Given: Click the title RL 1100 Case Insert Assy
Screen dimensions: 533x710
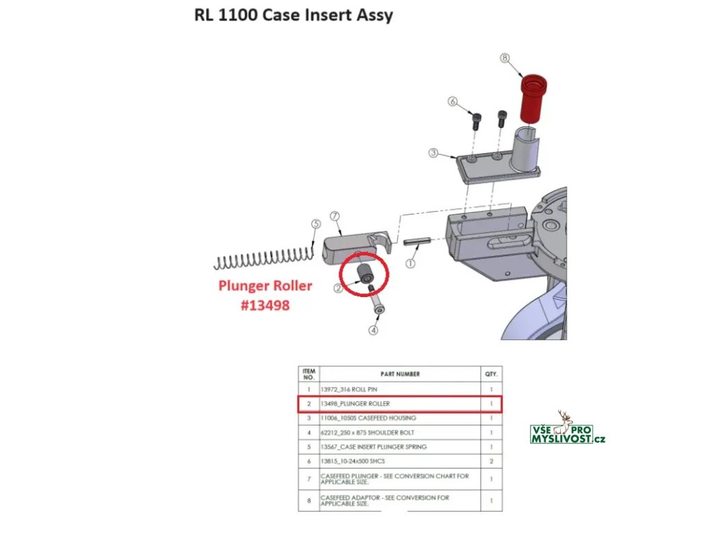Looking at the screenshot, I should point(293,15).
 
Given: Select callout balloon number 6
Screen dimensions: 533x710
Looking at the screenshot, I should point(453,102).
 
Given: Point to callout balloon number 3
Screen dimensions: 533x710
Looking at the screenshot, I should point(433,153).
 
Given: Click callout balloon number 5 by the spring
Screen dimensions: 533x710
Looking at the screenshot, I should point(315,224).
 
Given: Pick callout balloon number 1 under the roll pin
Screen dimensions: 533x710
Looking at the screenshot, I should point(410,264).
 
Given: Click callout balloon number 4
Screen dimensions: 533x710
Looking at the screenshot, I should point(373,330).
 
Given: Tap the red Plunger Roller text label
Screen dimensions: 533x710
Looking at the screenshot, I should point(265,286).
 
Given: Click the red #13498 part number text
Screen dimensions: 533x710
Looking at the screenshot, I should point(265,305).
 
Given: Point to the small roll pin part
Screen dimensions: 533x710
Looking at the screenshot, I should point(416,242).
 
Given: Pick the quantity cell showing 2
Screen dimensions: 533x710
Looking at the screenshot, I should point(491,462).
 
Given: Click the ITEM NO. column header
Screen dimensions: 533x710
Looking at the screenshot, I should point(309,374).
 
